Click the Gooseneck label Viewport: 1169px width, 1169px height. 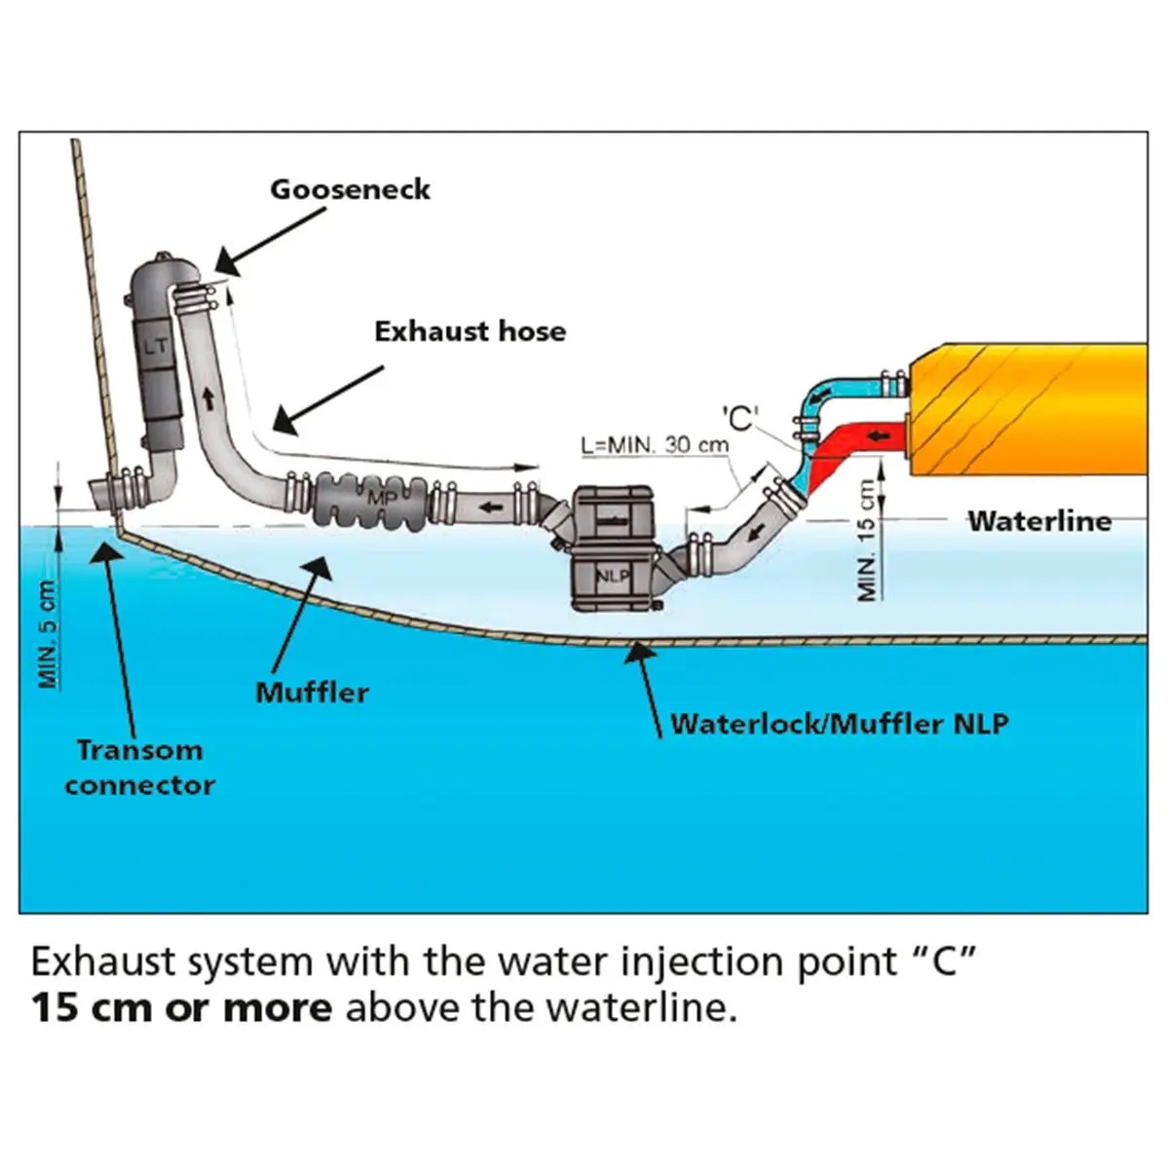click(350, 189)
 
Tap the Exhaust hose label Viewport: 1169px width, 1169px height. click(470, 331)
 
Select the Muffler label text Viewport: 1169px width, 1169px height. click(312, 693)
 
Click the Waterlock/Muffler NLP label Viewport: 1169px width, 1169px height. click(839, 724)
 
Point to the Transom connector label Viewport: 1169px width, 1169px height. click(140, 768)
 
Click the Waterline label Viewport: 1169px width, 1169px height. click(1038, 521)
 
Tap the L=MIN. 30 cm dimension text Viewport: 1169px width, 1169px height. click(654, 445)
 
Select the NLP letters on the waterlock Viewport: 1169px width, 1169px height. click(613, 575)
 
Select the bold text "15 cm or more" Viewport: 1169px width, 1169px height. click(181, 1007)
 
